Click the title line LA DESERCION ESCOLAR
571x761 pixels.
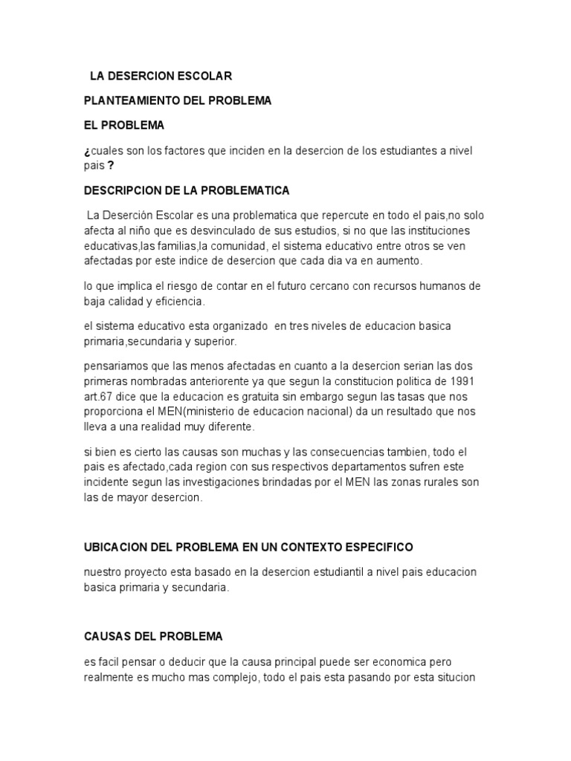161,76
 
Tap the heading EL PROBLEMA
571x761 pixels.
124,125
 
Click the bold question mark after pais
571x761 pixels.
111,166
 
